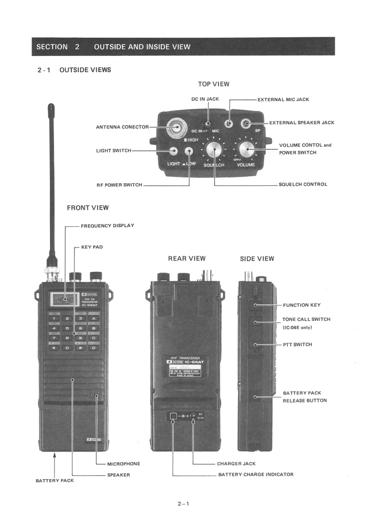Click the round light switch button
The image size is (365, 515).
coord(174,151)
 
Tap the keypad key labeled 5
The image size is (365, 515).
coord(67,328)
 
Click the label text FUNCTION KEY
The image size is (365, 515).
coord(301,305)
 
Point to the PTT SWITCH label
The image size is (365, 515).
coord(297,345)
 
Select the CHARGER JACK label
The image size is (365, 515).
coord(236,464)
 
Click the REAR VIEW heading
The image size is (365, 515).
coord(187,258)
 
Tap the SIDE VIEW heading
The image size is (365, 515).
coord(257,259)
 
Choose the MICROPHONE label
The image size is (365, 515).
coord(123,464)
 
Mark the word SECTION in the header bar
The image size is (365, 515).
coord(52,46)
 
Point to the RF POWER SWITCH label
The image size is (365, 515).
coord(119,185)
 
